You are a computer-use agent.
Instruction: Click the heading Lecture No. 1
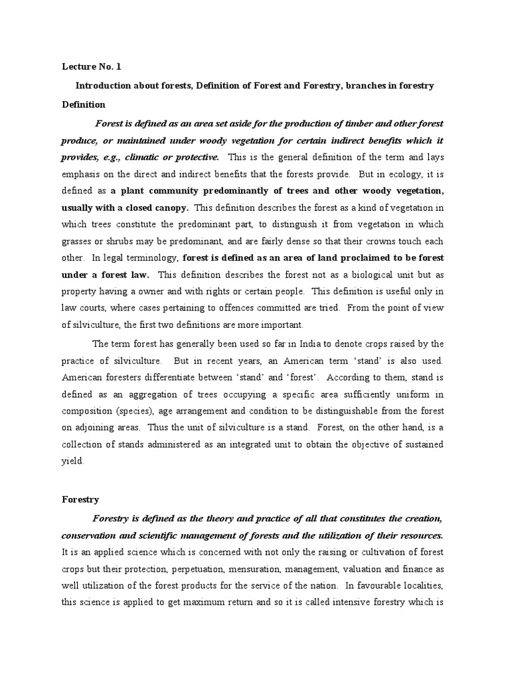point(92,67)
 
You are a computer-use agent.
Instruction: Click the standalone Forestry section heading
point(80,499)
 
